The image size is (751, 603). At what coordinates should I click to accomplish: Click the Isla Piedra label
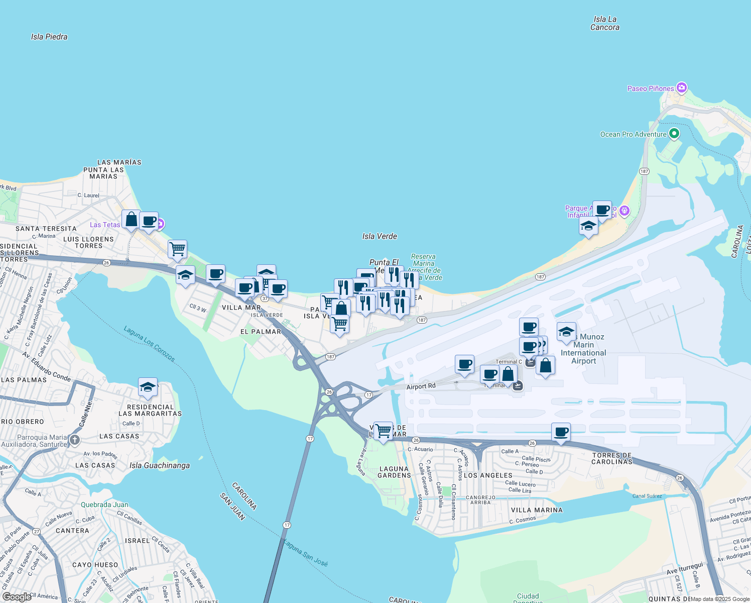point(49,37)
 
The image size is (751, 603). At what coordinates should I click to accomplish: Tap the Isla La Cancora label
point(604,24)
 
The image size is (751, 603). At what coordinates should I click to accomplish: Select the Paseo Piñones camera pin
point(681,88)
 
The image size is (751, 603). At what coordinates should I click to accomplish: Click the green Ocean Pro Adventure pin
point(674,134)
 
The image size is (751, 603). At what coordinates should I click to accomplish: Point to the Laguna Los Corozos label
point(150,344)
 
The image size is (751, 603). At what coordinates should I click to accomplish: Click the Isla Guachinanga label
point(160,465)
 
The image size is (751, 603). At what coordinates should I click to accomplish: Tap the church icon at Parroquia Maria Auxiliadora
point(75,441)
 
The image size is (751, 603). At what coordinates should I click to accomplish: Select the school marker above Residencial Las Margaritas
point(148,387)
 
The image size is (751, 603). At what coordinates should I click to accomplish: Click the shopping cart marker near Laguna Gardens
point(383,431)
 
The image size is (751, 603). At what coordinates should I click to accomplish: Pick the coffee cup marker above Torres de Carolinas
point(561,432)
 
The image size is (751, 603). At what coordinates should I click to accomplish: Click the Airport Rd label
point(421,386)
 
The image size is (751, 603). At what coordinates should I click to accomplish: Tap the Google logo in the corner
point(17,597)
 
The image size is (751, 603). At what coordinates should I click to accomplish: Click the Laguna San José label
point(305,553)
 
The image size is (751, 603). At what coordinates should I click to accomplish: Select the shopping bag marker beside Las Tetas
point(131,220)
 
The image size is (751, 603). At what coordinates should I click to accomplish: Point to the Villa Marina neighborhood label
point(537,510)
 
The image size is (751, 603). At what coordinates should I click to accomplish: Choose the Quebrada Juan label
point(104,505)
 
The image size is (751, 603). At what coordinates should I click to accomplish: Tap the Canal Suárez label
point(647,496)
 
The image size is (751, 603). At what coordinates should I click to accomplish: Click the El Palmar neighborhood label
point(261,332)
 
